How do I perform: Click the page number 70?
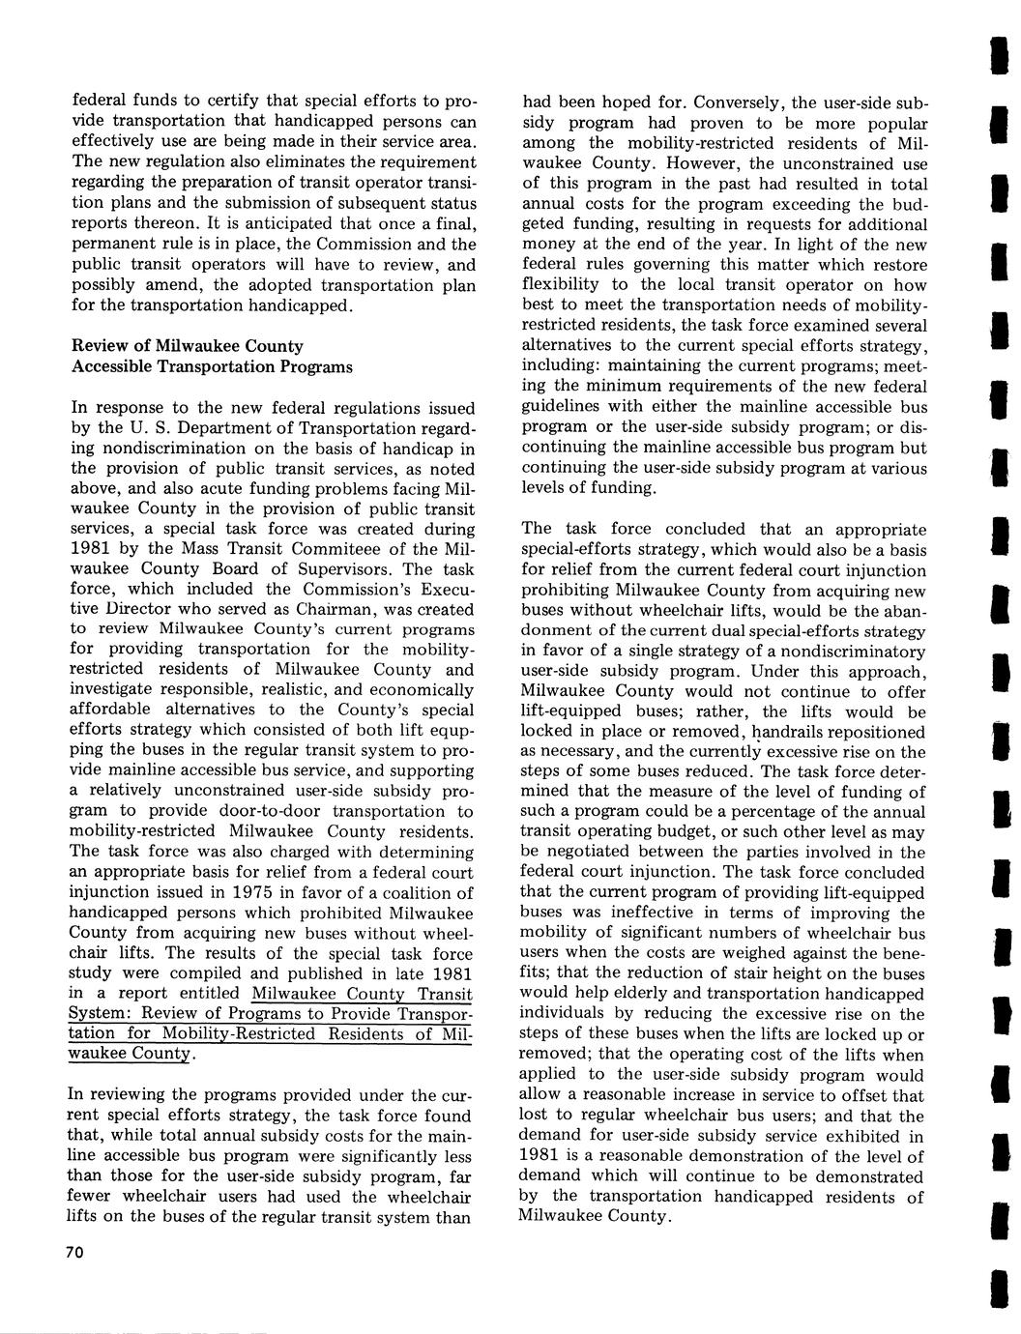75,1252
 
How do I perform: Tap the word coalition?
413,892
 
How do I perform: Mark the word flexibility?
561,285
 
